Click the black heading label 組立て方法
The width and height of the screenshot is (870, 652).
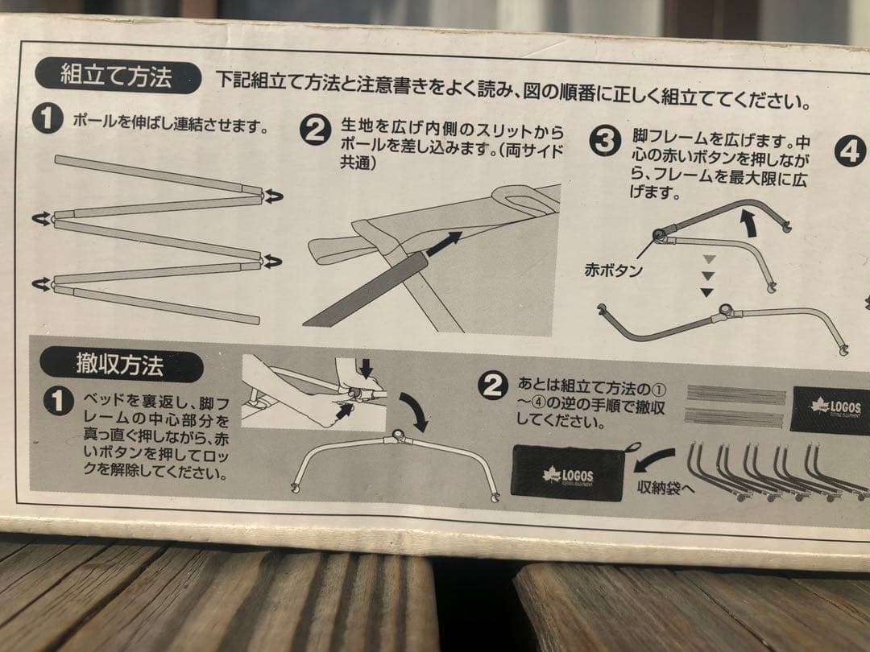[117, 77]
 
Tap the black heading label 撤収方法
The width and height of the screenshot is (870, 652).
[120, 365]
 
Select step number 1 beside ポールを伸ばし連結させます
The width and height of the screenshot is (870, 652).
[48, 119]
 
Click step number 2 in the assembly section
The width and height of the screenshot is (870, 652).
[315, 130]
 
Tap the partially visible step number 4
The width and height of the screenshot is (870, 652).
[850, 151]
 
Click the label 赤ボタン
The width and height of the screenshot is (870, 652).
[614, 270]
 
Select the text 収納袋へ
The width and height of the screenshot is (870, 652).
[665, 488]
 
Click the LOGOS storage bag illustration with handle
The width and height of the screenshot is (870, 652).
[570, 472]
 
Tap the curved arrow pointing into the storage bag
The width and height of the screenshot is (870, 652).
[654, 460]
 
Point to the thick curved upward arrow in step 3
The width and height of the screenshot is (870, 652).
[749, 221]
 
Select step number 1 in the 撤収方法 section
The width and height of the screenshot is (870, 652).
[58, 400]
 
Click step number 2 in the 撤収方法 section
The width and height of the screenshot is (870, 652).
[492, 386]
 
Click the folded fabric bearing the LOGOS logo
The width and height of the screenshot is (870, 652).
[830, 410]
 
